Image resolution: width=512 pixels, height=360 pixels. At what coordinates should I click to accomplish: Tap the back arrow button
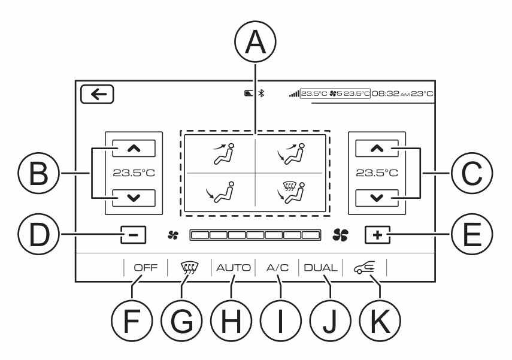pos(97,95)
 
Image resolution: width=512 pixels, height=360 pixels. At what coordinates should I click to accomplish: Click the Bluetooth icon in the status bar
pos(261,93)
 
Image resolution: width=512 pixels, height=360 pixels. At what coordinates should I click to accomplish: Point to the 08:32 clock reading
pos(386,94)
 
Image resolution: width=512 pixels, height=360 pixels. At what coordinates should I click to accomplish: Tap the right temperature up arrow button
pos(377,149)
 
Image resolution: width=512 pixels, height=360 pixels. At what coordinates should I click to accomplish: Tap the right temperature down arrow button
pos(377,198)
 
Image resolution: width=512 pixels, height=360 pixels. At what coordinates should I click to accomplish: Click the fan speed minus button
pos(133,235)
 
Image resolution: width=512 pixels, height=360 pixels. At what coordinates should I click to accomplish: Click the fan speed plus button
pos(377,235)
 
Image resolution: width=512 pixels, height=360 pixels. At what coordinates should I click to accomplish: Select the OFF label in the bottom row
pos(146,268)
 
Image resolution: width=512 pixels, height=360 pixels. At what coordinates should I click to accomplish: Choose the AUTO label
pos(233,268)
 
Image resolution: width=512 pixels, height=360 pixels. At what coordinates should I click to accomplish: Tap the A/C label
pos(277,268)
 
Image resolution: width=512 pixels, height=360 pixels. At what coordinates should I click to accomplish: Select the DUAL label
pos(320,268)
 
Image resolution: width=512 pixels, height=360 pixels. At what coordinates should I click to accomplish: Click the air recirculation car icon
pos(365,268)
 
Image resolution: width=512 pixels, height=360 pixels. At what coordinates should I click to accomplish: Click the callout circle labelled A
pos(255,42)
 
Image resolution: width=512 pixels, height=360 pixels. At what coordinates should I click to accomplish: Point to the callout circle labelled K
pos(380,320)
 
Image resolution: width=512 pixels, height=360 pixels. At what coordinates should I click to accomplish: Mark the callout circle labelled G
pos(181,320)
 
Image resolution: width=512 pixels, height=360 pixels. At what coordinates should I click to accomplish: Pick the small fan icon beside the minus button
pos(173,235)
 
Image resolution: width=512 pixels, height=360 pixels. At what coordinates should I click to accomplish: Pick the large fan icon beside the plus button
pos(341,235)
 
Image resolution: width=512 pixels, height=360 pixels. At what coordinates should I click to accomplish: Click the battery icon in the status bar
pos(249,93)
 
